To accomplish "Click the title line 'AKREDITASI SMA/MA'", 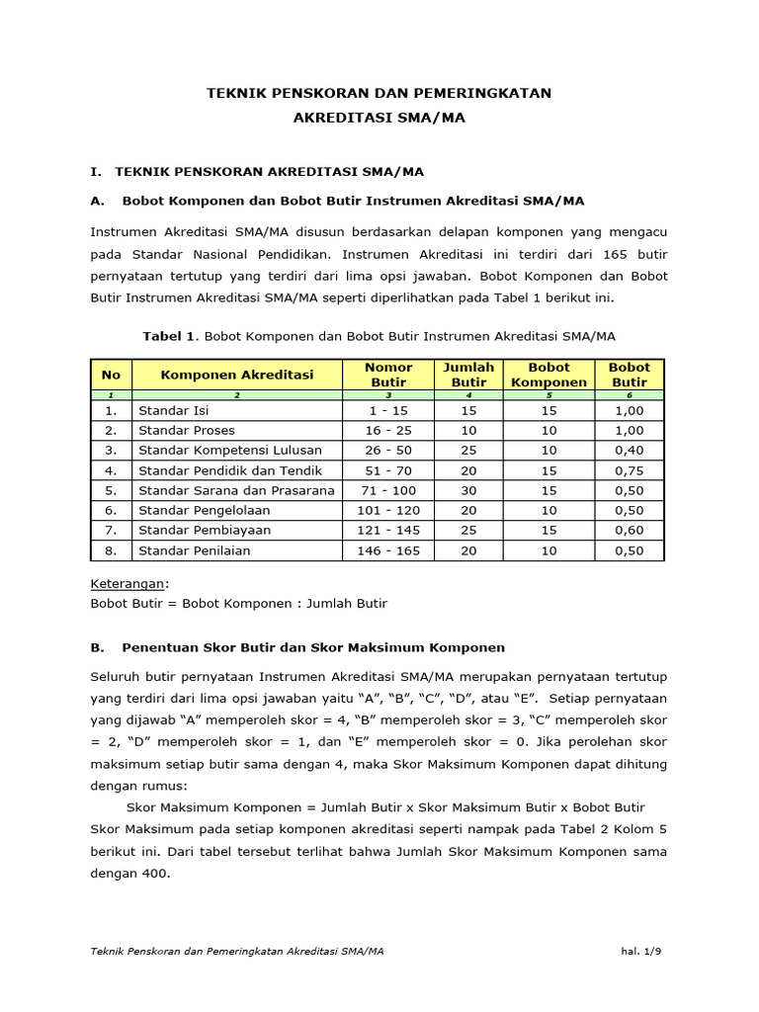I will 379,117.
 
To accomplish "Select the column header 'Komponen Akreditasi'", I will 237,375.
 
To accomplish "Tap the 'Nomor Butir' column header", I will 388,375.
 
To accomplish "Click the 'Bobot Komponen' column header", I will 548,375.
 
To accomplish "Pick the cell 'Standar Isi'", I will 174,410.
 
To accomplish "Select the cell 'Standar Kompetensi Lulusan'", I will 230,450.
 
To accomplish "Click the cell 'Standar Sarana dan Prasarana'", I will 236,490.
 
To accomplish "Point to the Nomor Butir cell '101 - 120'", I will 388,510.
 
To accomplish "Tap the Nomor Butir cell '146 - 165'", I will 388,550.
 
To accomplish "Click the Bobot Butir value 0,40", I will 629,450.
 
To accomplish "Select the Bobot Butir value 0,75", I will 629,470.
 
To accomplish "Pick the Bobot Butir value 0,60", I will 629,531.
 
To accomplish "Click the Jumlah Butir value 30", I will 468,490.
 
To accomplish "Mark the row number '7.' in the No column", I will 111,531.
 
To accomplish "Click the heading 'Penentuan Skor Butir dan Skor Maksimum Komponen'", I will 313,647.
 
